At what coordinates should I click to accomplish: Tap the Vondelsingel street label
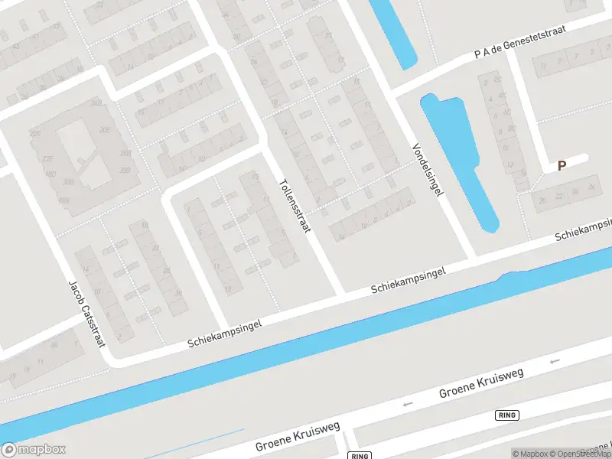(x=428, y=170)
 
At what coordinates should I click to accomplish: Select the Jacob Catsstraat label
(x=86, y=312)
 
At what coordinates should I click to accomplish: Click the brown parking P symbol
(x=562, y=165)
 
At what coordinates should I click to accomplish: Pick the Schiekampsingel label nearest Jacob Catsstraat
(x=225, y=334)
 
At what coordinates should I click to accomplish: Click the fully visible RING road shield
(x=507, y=415)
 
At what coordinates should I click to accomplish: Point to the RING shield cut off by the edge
(x=359, y=455)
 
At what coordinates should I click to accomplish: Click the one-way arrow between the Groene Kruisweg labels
(x=408, y=404)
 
